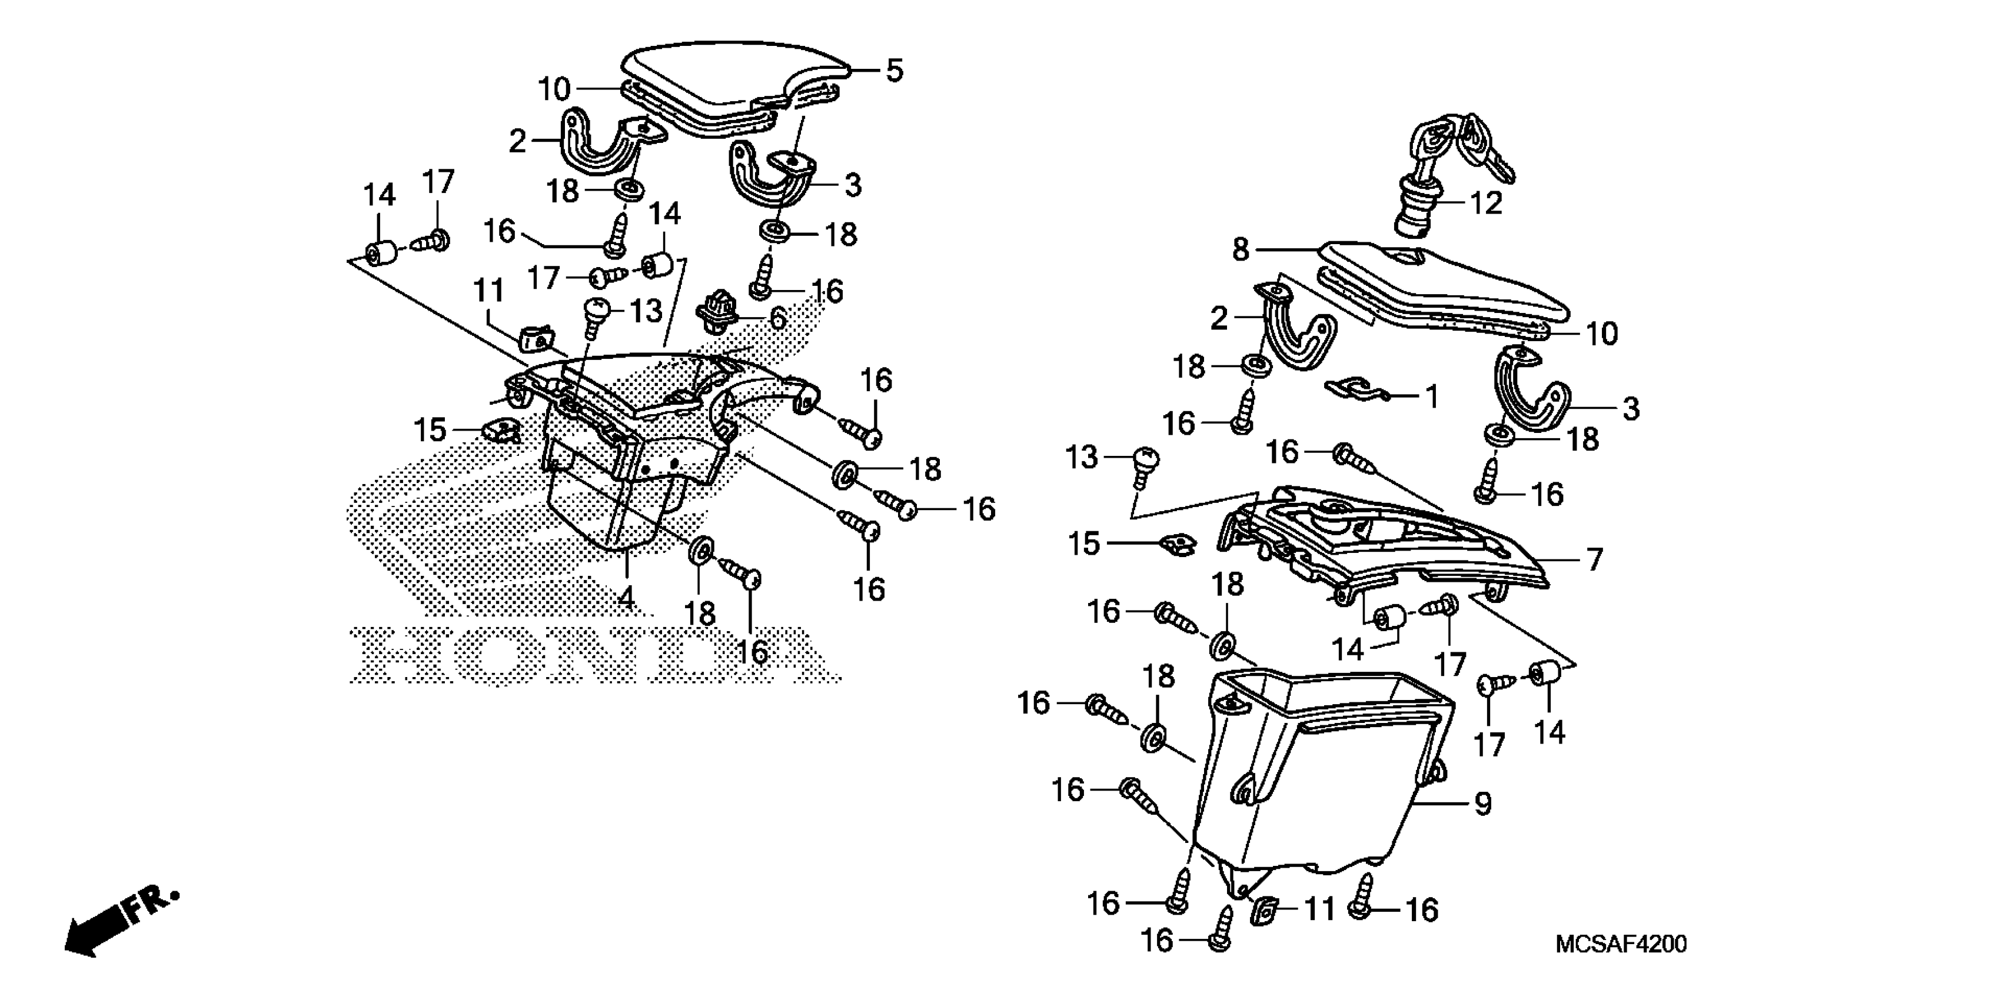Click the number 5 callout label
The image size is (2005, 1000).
tap(895, 71)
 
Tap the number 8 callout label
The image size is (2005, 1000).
tap(1241, 250)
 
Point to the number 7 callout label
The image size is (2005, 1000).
tap(1595, 559)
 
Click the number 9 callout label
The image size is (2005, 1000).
tap(1483, 804)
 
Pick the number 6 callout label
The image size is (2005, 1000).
tap(777, 318)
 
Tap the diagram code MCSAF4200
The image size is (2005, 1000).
tap(1621, 944)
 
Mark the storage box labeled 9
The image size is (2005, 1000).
tap(1323, 778)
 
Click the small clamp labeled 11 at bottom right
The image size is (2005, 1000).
tap(1264, 908)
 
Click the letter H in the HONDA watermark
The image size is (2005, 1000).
tap(397, 655)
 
